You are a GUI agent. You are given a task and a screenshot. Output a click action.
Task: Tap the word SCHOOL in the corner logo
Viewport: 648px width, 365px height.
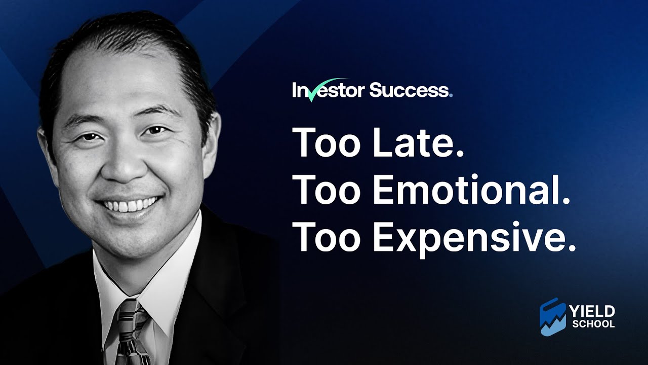click(593, 323)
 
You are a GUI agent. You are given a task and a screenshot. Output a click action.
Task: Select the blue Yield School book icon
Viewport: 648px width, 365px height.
click(553, 316)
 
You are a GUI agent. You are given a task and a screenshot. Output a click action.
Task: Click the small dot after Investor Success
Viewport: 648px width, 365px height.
click(451, 95)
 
